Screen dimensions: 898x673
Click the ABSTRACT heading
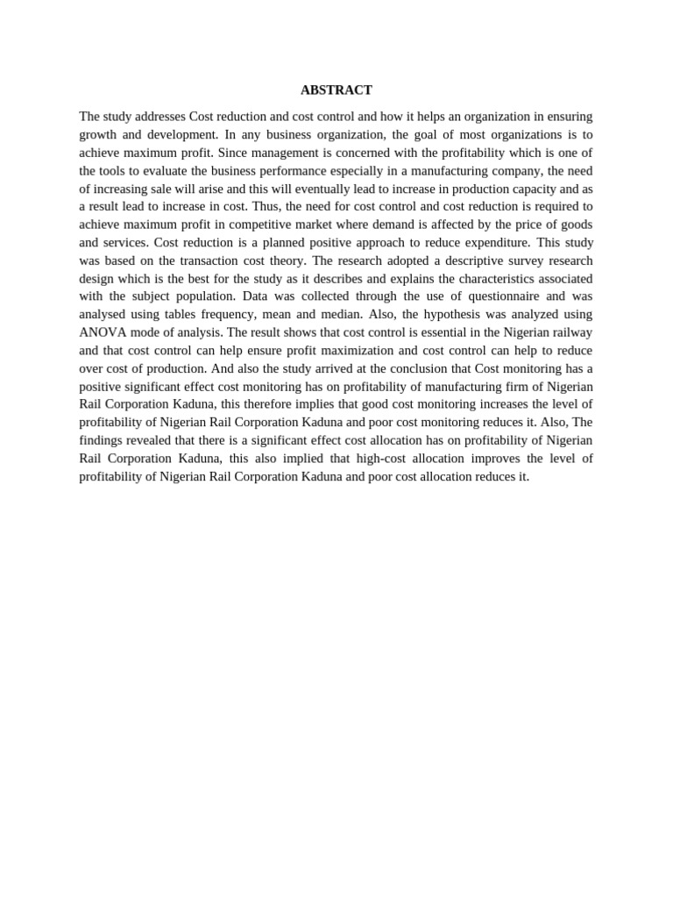click(336, 90)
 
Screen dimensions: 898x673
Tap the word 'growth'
click(98, 134)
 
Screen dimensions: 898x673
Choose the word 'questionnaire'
click(491, 296)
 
